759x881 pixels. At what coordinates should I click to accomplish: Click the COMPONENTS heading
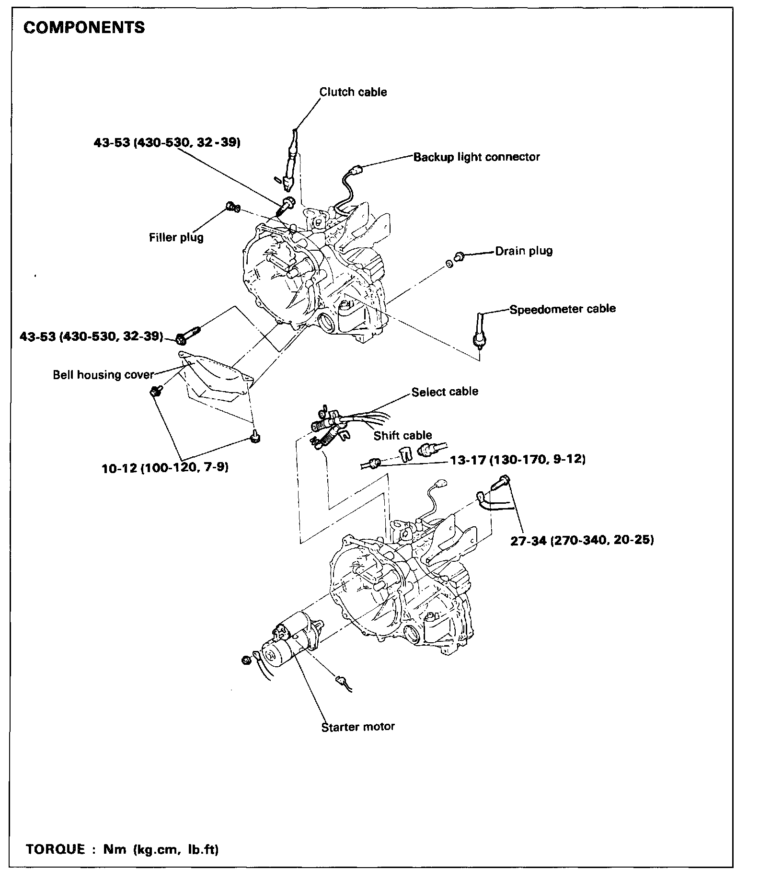[x=84, y=28]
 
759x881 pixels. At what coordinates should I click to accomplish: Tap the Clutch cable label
[x=353, y=92]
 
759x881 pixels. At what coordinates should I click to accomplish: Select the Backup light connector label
[x=476, y=157]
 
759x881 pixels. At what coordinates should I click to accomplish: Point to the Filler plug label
[x=176, y=237]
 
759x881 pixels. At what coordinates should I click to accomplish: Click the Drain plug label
[x=524, y=251]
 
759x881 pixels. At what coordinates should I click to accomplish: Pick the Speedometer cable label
[x=563, y=309]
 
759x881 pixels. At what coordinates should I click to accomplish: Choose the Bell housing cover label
[x=103, y=375]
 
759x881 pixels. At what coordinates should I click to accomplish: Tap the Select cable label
[x=445, y=392]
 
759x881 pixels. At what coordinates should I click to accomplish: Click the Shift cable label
[x=402, y=435]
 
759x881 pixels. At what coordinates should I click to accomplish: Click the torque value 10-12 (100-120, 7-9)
[x=165, y=467]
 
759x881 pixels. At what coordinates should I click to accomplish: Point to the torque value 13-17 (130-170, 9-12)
[x=517, y=460]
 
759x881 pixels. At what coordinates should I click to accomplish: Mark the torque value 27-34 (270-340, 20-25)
[x=582, y=540]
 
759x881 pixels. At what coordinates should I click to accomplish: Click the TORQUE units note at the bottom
[x=123, y=850]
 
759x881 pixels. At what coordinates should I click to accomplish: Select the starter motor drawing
[x=287, y=645]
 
